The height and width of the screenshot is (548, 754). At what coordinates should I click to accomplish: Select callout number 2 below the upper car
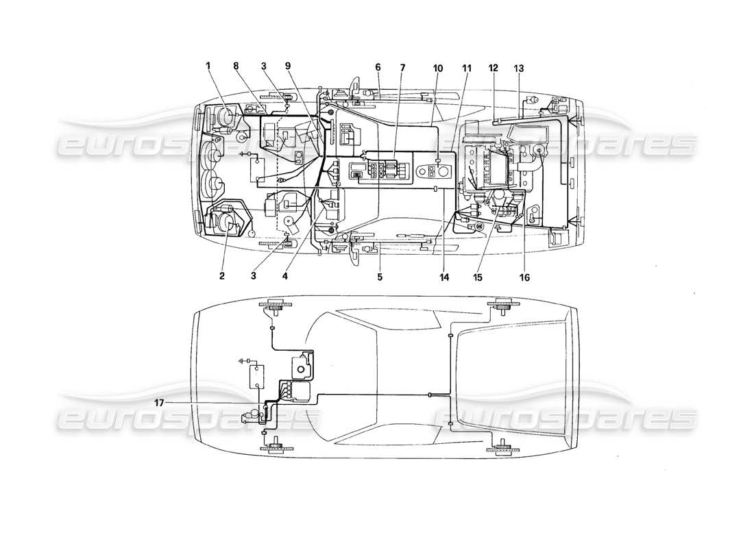[222, 276]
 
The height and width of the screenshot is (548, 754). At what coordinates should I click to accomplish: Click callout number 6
[378, 67]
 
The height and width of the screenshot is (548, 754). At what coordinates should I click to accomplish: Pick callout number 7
[402, 67]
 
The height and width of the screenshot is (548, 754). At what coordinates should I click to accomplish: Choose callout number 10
[437, 68]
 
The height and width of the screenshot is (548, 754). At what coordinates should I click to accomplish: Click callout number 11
[467, 68]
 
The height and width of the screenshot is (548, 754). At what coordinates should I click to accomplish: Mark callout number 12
[494, 68]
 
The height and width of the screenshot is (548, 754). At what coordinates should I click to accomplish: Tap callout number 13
[519, 68]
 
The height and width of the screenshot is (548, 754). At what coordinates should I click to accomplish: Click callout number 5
[380, 277]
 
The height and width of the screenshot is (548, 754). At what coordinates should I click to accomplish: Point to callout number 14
[444, 277]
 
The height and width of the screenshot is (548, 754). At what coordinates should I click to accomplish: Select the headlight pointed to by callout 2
[225, 223]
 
